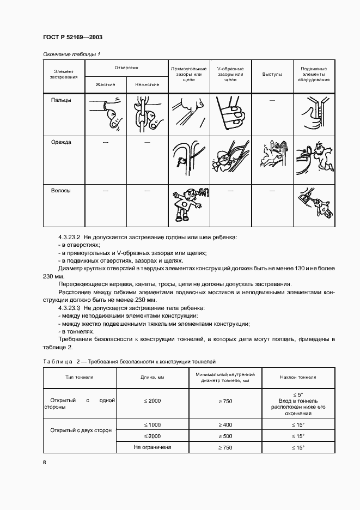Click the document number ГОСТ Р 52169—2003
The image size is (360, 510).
click(x=72, y=37)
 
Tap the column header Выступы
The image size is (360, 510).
click(x=271, y=74)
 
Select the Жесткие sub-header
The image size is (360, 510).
click(x=106, y=84)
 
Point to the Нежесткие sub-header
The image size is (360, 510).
click(x=147, y=84)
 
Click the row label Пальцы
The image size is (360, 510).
click(x=61, y=100)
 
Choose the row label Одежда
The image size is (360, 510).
click(x=61, y=142)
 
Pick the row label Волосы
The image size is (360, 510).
click(x=61, y=191)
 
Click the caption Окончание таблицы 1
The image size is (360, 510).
click(x=71, y=54)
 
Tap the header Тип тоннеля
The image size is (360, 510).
click(x=80, y=377)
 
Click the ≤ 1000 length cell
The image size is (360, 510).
click(x=152, y=424)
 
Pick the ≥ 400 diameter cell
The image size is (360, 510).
click(x=225, y=424)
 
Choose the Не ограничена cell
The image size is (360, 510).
click(x=152, y=447)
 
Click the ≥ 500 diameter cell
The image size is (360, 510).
click(x=225, y=436)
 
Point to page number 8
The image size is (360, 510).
click(x=45, y=463)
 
